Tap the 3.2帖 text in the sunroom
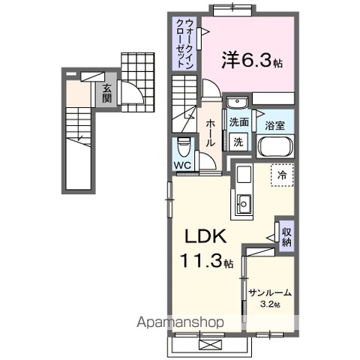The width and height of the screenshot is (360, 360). pyautogui.click(x=271, y=304)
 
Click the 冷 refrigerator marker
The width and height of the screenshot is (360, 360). pyautogui.click(x=282, y=174)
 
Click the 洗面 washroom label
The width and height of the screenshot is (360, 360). pyautogui.click(x=239, y=122)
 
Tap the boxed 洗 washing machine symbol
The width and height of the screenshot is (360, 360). pyautogui.click(x=238, y=142)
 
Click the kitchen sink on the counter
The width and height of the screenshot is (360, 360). pyautogui.click(x=244, y=202)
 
